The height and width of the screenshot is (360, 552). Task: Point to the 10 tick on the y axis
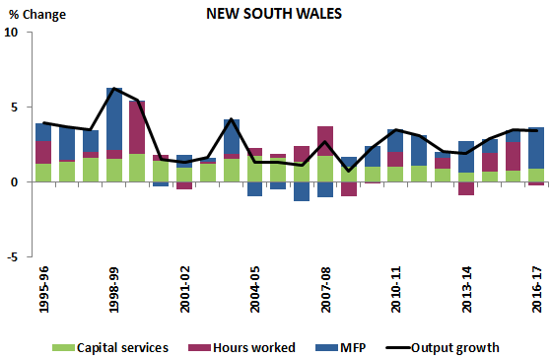12,33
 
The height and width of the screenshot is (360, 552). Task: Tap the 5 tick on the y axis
15,108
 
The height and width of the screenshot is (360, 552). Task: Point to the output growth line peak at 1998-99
114,89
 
